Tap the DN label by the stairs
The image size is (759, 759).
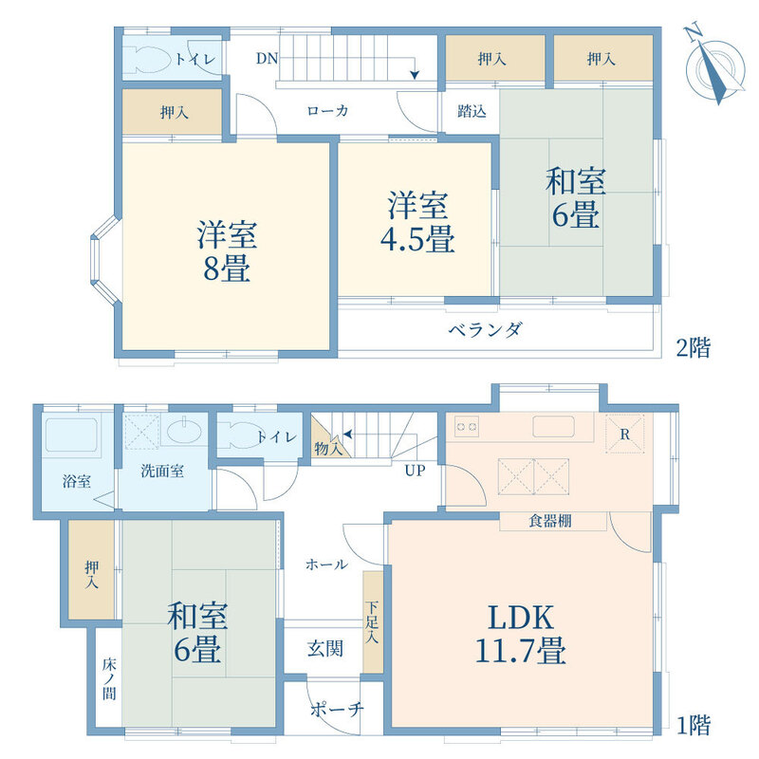[267, 59]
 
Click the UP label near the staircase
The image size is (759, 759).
[415, 470]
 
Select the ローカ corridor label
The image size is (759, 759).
[327, 111]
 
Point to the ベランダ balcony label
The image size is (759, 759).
[485, 330]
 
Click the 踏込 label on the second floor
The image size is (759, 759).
[472, 112]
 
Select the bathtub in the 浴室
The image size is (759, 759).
[72, 434]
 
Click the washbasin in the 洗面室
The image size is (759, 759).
[184, 430]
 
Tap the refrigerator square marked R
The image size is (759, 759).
[625, 434]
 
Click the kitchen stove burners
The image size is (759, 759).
[467, 427]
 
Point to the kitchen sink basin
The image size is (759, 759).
[554, 426]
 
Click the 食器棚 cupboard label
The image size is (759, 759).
[550, 521]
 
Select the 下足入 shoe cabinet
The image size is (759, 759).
[373, 621]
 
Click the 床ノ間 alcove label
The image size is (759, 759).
[109, 678]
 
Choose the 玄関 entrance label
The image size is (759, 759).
[325, 649]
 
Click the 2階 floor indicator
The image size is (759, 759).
[694, 348]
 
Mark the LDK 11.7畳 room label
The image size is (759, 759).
[521, 634]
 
